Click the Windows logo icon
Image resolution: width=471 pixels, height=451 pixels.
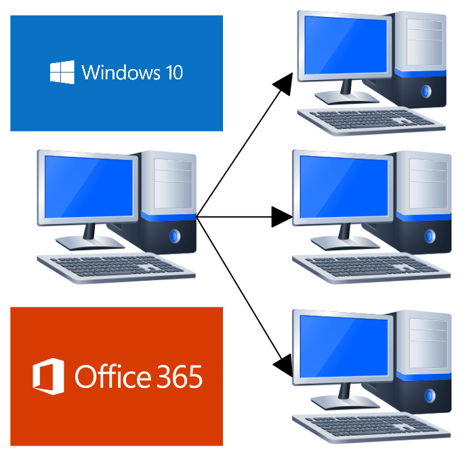tap(62, 73)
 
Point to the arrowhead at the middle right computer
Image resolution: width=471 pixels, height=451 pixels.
tap(281, 217)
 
